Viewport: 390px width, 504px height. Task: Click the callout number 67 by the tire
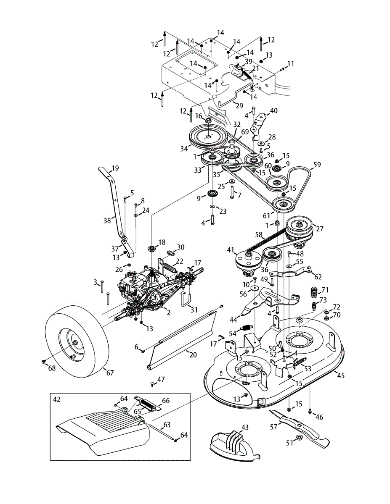[110, 373]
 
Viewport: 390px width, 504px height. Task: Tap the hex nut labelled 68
[43, 362]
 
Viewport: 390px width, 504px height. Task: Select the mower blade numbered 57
[300, 429]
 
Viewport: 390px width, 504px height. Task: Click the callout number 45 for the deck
[340, 375]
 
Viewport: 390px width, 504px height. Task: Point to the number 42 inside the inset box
[57, 399]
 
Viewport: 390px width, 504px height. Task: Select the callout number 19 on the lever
[115, 168]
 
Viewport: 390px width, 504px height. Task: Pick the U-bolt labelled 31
[186, 300]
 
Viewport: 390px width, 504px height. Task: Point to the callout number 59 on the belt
[317, 165]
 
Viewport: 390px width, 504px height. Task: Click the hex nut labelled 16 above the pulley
[208, 121]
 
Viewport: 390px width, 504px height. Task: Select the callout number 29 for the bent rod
[239, 105]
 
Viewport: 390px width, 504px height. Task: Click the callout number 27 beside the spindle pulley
[320, 229]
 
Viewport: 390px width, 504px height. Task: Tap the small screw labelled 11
[283, 69]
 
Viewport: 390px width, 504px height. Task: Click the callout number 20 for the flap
[193, 354]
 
